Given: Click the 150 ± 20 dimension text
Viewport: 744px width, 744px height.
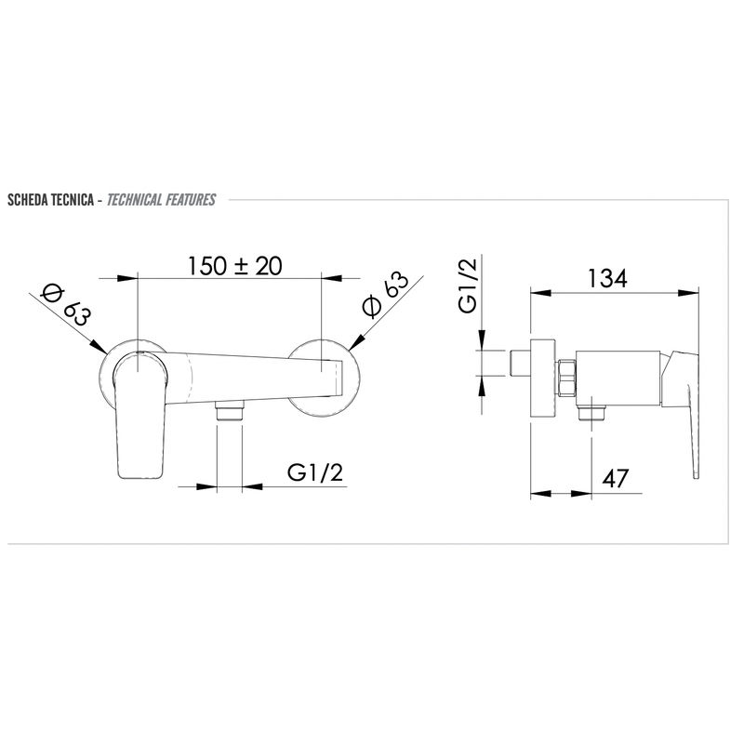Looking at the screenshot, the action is pos(235,266).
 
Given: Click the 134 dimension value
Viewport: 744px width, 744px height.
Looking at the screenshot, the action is pos(608,278).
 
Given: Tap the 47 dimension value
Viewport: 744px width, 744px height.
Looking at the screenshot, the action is pos(616,478).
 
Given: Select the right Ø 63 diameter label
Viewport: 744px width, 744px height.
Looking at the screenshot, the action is pos(385,294).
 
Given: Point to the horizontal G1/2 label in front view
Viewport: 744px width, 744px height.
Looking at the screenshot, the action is pos(315,472).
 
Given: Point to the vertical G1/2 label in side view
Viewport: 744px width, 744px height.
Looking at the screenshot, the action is pos(469,284).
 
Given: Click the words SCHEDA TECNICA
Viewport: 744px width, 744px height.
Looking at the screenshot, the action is pos(50,200).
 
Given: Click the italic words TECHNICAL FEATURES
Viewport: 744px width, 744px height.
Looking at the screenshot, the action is pos(161,200).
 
